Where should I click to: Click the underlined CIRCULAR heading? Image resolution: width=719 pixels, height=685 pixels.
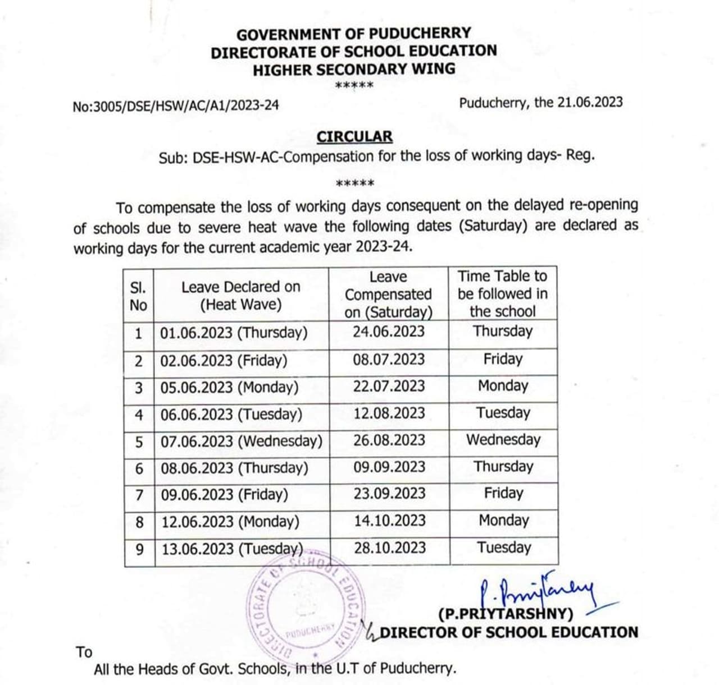(x=354, y=137)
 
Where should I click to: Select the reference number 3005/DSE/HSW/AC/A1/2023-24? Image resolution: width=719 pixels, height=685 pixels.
(x=175, y=105)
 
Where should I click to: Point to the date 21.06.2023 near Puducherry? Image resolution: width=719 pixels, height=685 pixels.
(x=590, y=102)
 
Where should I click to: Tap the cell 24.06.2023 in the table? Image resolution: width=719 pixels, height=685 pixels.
(x=389, y=332)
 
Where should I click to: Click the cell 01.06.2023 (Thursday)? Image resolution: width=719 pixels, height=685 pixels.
(x=234, y=333)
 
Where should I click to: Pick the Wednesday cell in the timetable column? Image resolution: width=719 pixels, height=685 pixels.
(x=503, y=439)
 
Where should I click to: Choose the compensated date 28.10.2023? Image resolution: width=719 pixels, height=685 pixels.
(x=390, y=548)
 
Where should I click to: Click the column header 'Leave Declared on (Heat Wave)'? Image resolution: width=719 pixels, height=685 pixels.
(x=240, y=296)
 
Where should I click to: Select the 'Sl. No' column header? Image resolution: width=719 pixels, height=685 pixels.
(x=138, y=296)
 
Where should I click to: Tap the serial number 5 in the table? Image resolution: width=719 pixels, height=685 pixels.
(x=139, y=442)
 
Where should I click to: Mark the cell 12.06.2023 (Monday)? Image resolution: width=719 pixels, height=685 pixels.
(x=230, y=522)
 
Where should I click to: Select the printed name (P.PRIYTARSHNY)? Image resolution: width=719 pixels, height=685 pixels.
(x=506, y=614)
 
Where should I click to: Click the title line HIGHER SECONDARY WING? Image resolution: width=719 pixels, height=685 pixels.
(x=354, y=70)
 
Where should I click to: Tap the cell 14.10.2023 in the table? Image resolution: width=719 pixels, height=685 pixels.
(x=390, y=521)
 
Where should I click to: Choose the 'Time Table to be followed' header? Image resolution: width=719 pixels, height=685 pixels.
(x=502, y=293)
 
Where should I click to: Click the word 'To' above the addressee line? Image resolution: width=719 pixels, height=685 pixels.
(x=84, y=652)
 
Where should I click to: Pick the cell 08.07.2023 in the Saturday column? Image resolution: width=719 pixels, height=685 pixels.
(x=389, y=359)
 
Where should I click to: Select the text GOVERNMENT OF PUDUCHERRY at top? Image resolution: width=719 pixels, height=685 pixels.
(x=353, y=34)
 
